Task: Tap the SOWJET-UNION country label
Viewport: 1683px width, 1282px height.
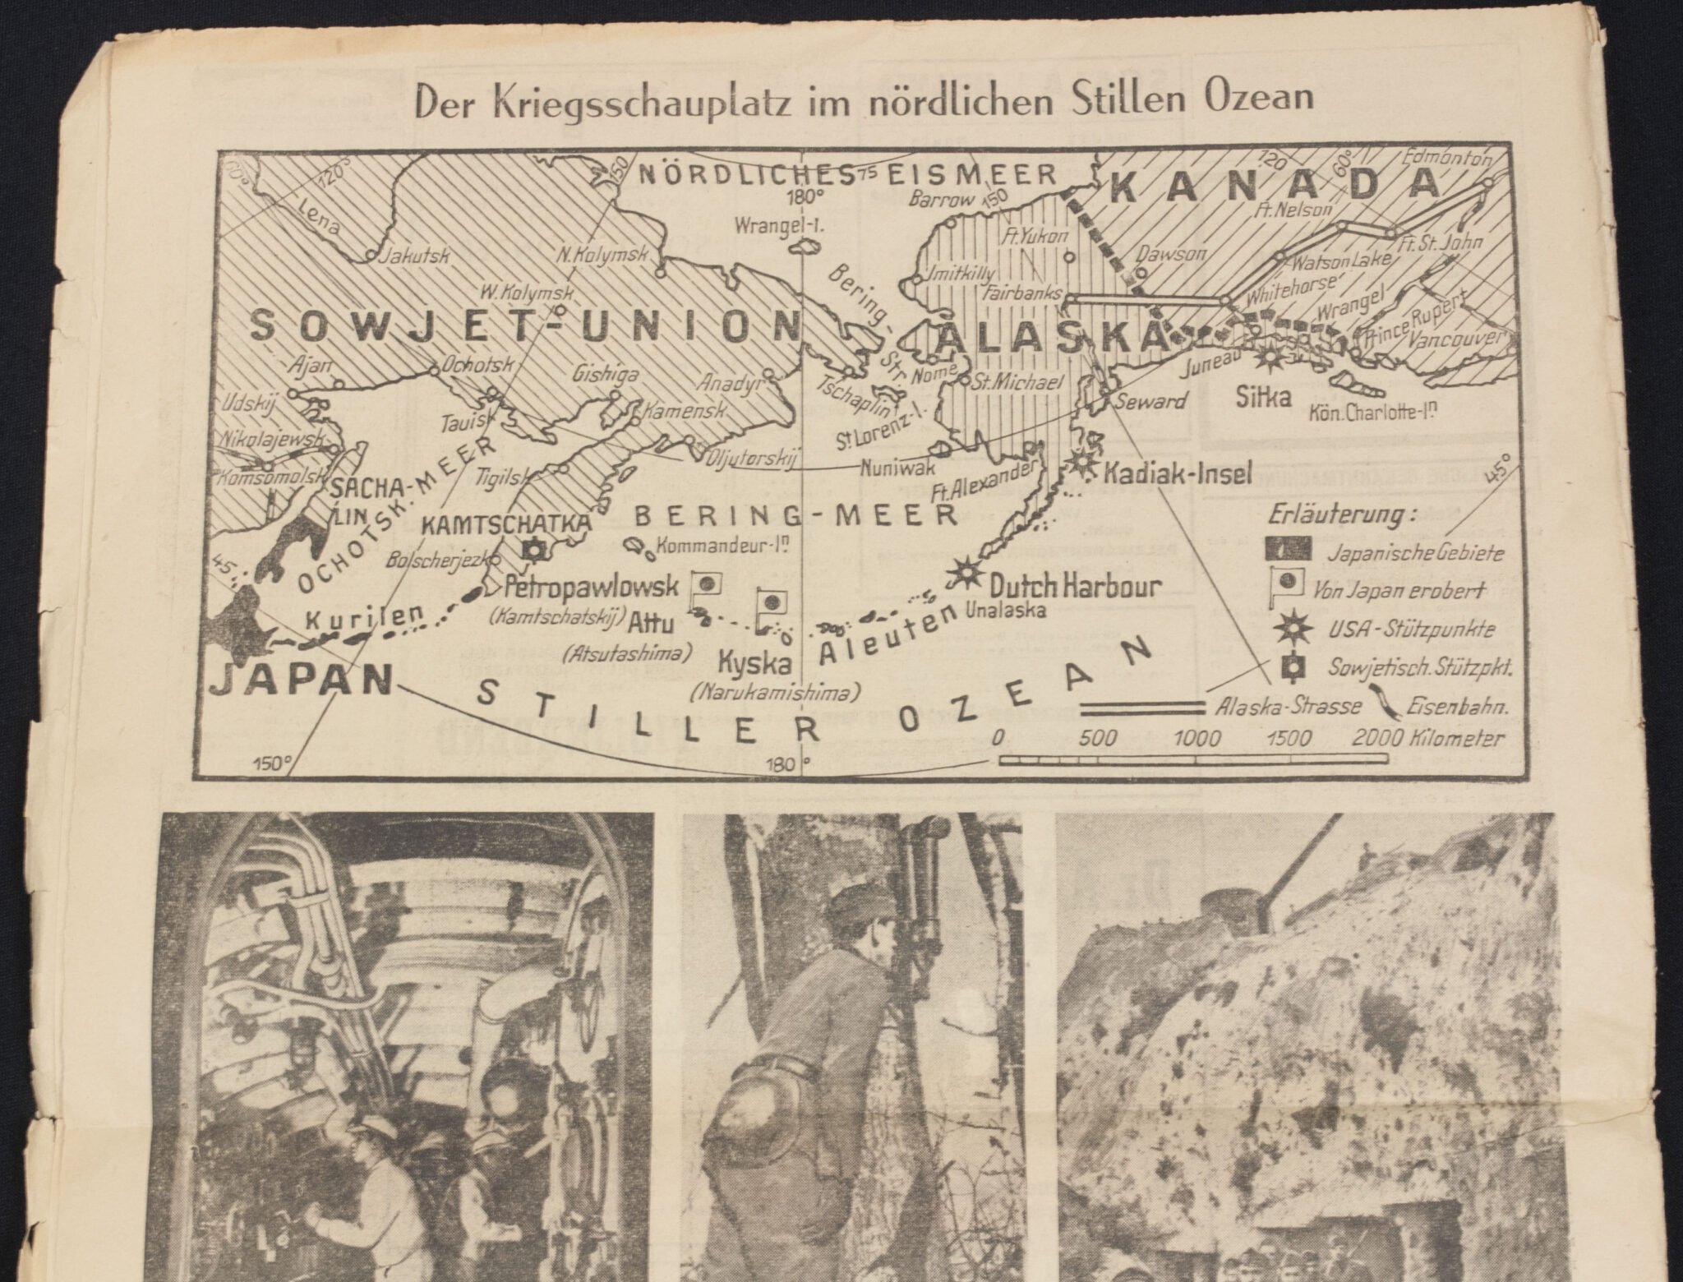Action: tap(523, 326)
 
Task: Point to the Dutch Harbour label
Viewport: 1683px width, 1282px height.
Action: tap(1075, 587)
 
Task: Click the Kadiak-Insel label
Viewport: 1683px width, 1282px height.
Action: tap(1177, 474)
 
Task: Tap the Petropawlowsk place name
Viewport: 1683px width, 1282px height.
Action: tap(592, 587)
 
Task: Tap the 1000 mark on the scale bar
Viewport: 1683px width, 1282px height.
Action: tap(1197, 737)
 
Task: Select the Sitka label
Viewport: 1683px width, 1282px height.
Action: tap(1264, 398)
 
